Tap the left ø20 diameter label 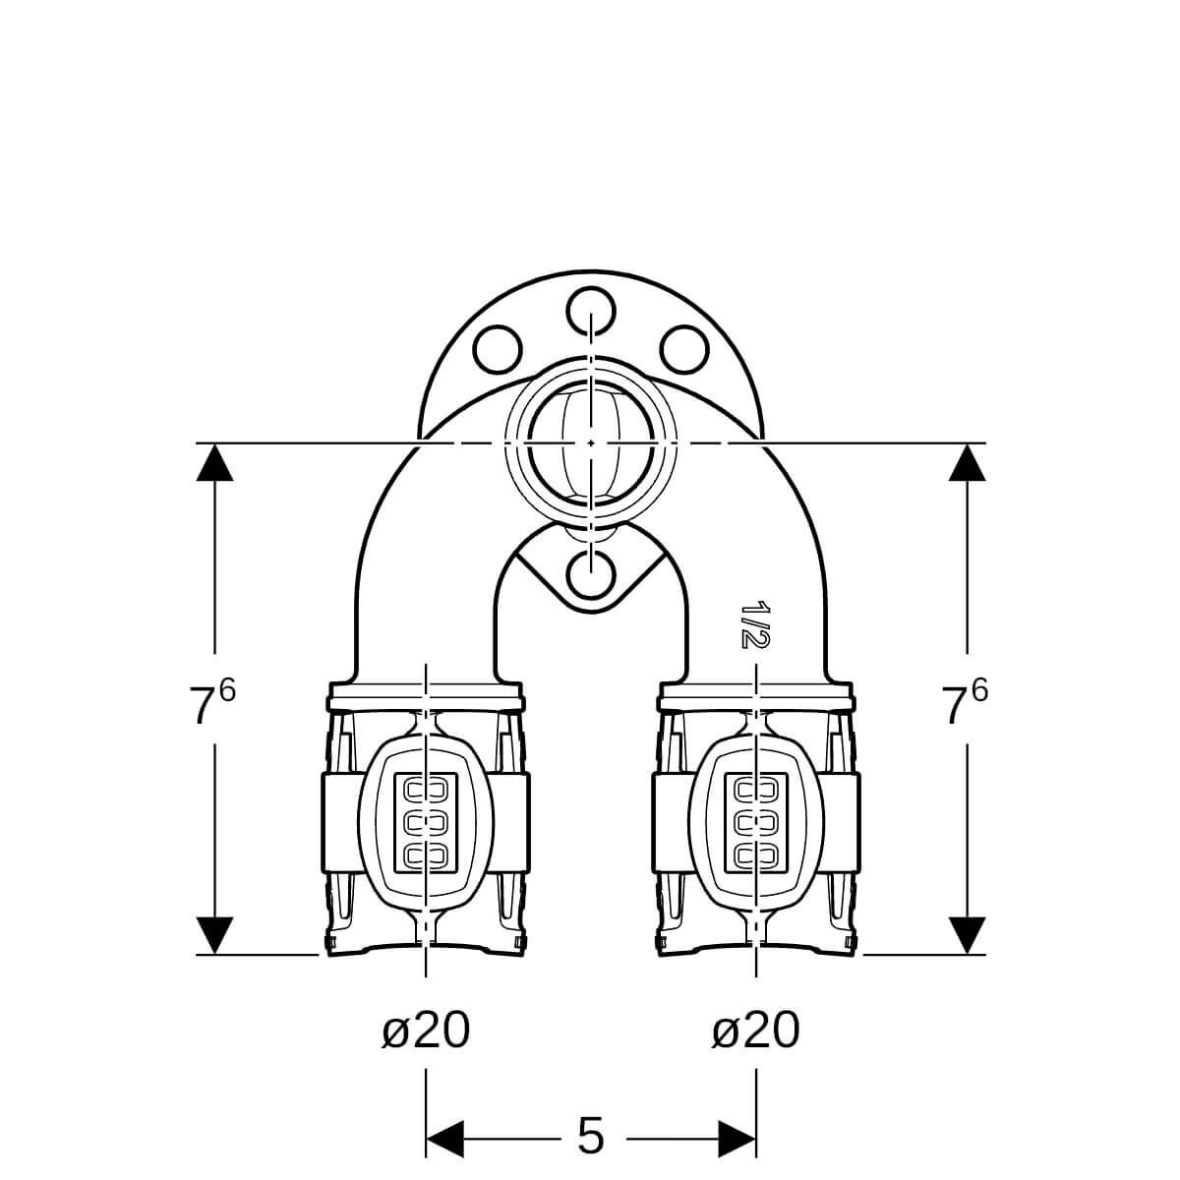(x=426, y=1030)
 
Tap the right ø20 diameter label (x=755, y=1030)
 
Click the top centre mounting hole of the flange (x=590, y=312)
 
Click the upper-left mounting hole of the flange (x=498, y=350)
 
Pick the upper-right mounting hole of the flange (x=684, y=350)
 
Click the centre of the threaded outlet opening (x=590, y=442)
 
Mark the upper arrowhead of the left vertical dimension (x=214, y=462)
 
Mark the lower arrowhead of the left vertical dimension (x=214, y=935)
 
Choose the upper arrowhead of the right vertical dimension (x=967, y=462)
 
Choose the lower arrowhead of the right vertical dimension (x=967, y=935)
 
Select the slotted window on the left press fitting (x=426, y=820)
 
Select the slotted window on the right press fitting (x=756, y=820)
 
